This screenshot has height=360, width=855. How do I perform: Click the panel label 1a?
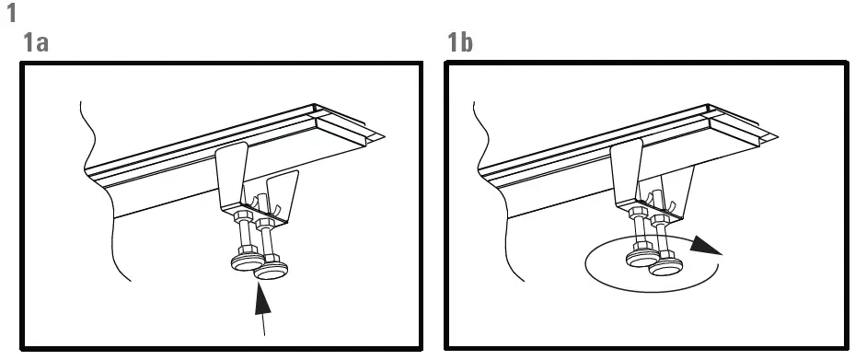click(x=36, y=43)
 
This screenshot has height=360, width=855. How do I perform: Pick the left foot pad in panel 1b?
click(x=641, y=260)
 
